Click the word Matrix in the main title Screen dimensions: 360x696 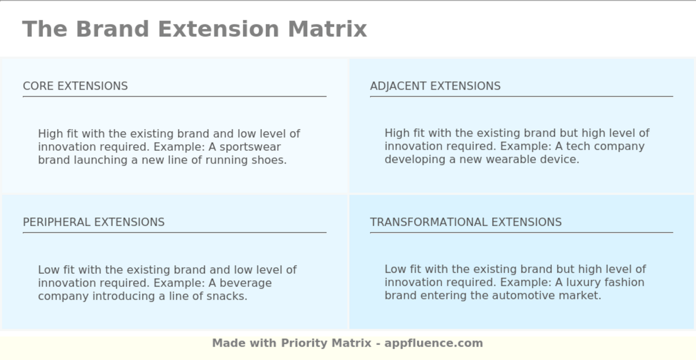pos(327,29)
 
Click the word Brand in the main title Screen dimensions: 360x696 pos(112,29)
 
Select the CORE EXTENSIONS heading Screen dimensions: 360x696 pos(75,86)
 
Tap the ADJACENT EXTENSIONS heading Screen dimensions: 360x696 pos(435,86)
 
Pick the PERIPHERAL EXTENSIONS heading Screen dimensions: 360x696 pos(93,222)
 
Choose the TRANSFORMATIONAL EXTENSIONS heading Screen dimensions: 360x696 pos(466,222)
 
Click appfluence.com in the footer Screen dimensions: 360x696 pos(434,343)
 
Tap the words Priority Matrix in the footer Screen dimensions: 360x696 pos(326,343)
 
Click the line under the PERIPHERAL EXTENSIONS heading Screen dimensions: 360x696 pos(174,232)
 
